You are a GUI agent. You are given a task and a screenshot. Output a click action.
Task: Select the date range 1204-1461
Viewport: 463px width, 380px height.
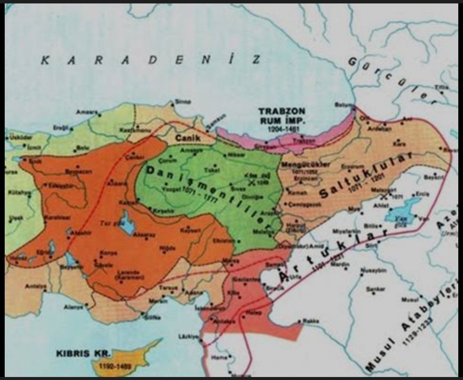282,129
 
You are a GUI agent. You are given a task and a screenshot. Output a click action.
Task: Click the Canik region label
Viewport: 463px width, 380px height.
186,138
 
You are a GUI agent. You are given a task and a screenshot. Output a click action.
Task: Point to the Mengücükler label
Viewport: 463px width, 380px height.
300,165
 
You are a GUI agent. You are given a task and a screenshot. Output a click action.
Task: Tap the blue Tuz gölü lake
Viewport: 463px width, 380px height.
127,224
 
